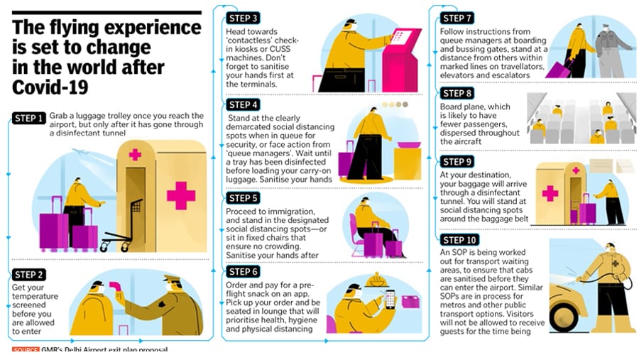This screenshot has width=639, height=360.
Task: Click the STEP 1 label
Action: pos(28,119)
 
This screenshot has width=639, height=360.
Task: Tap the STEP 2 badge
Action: pos(28,274)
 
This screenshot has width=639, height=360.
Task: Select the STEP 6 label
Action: pos(243,271)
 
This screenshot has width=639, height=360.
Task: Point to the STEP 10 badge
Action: pos(459,240)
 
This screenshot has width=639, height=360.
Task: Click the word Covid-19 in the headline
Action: pos(50,87)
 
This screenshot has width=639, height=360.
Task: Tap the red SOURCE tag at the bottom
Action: pos(26,349)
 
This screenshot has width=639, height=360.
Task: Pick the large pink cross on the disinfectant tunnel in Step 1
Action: pos(181,196)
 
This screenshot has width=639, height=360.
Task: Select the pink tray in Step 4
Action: pos(409,145)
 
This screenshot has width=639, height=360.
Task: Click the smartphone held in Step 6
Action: pos(390,299)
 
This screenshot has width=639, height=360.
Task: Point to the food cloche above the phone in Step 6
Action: pos(376,280)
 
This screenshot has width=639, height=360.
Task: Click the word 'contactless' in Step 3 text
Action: pos(246,40)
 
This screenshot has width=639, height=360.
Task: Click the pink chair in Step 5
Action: pos(356,236)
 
